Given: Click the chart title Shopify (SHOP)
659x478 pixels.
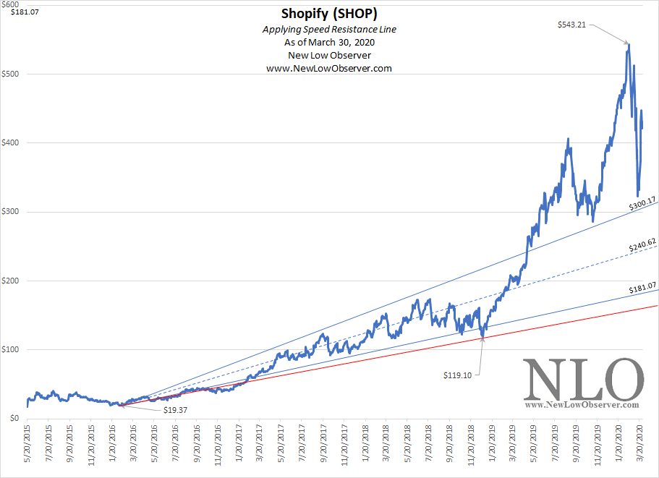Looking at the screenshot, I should pos(329,14).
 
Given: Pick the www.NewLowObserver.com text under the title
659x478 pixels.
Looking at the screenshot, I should pos(329,69).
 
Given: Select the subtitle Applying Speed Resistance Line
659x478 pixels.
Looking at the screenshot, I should pos(329,30).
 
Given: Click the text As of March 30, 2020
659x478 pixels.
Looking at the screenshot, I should pos(329,43).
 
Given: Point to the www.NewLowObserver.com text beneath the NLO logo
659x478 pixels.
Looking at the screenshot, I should pos(583,406).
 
